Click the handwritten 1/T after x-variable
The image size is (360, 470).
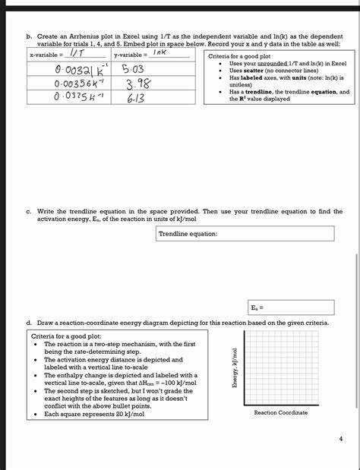tap(76, 55)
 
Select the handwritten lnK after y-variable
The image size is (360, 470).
tap(158, 54)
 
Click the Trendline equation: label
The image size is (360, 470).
tap(188, 234)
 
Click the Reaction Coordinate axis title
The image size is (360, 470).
tap(281, 412)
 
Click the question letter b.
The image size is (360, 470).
tap(29, 36)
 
